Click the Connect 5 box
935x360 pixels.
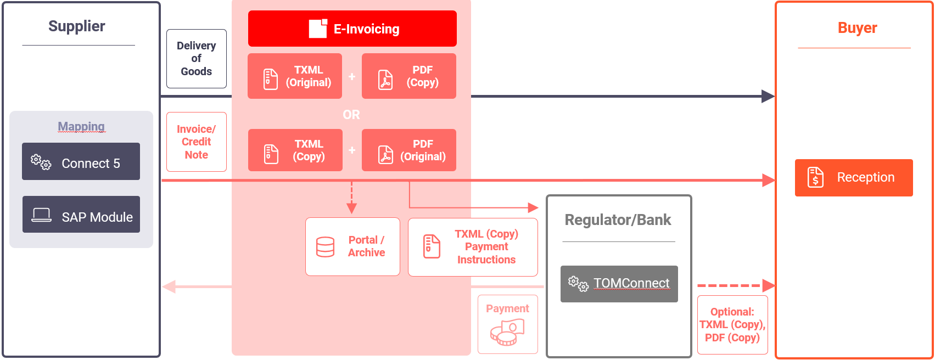click(81, 161)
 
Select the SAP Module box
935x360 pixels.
click(81, 215)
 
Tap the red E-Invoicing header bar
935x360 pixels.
click(352, 29)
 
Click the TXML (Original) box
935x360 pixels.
click(295, 76)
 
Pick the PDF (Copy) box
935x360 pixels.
click(408, 76)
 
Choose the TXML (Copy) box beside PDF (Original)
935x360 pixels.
click(295, 150)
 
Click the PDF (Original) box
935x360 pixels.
click(408, 150)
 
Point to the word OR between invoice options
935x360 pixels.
click(351, 115)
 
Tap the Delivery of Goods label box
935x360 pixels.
click(197, 58)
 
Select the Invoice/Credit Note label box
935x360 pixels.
click(197, 142)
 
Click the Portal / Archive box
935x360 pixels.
click(352, 246)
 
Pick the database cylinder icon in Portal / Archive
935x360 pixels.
click(325, 247)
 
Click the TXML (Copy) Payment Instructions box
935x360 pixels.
click(473, 247)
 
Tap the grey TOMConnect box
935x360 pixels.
click(619, 284)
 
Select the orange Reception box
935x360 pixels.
click(854, 178)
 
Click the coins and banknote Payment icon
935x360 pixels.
click(507, 333)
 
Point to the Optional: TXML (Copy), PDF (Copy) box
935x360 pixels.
click(732, 325)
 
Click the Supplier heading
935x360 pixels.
click(77, 26)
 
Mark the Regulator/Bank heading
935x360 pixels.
click(618, 220)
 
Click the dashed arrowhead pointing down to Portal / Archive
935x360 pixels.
click(351, 209)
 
